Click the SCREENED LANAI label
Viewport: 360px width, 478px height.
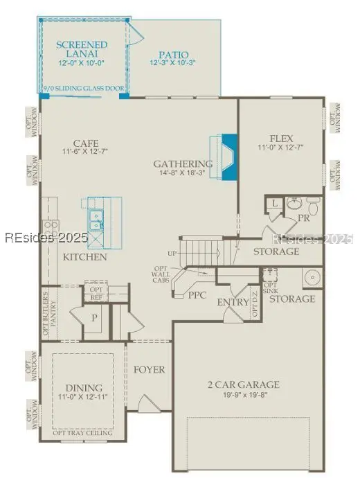coord(82,50)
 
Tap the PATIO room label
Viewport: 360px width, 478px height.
coord(173,55)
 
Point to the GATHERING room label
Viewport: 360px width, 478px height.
coord(183,164)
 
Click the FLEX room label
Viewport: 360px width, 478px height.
coord(280,138)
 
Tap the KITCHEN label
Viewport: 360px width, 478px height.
coord(85,258)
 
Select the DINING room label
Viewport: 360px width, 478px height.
coord(84,388)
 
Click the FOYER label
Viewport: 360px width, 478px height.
coord(150,370)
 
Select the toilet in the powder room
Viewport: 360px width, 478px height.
coord(312,206)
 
